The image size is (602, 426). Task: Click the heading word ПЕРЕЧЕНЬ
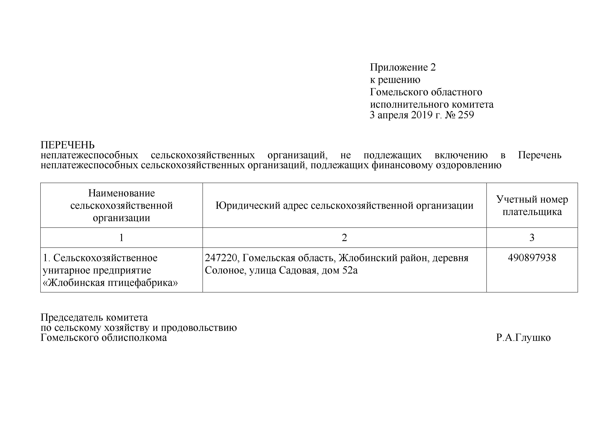[x=67, y=145]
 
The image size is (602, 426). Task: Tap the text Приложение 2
[x=403, y=67]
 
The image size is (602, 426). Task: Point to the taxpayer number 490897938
[x=532, y=258]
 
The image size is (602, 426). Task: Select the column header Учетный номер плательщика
[x=532, y=205]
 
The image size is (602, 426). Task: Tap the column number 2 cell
[x=344, y=238]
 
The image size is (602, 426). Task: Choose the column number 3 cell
[x=532, y=238]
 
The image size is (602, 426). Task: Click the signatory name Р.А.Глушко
[x=523, y=338]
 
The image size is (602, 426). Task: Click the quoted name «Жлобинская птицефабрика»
[x=110, y=283]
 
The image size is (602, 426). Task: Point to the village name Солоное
[x=225, y=270]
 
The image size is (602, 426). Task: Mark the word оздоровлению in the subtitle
[x=468, y=165]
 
